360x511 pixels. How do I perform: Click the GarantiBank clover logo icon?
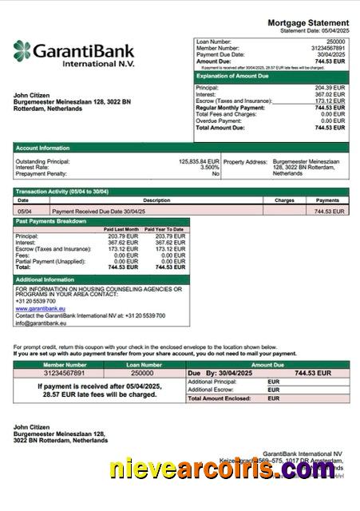coord(22,53)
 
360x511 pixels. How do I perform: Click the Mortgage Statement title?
coord(307,22)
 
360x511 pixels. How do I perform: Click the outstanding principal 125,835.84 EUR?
coord(199,160)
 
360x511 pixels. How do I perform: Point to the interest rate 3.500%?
coord(209,167)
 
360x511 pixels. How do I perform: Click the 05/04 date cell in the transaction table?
coord(24,212)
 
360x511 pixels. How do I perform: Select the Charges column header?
coord(284,200)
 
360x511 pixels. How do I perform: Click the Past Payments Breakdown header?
coord(52,221)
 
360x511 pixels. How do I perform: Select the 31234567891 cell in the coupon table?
coord(63,373)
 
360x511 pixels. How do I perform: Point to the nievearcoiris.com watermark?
coord(224,470)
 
